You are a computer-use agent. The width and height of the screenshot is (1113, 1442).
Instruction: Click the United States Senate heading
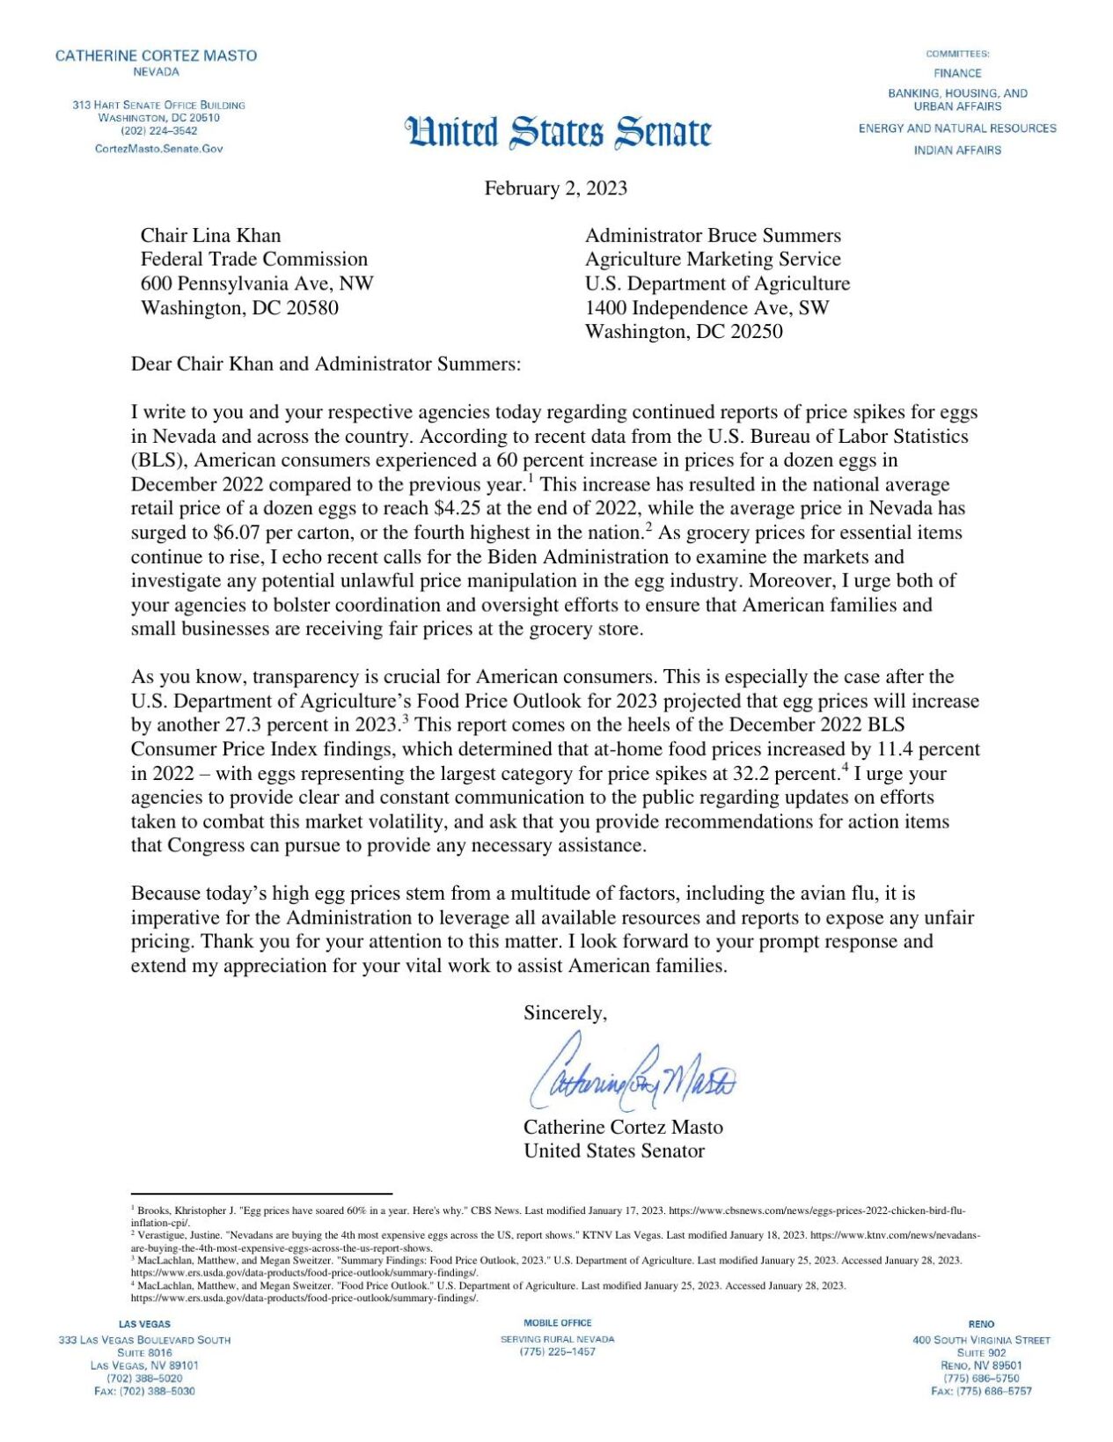click(558, 132)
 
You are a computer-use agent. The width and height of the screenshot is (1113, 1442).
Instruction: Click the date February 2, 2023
click(555, 188)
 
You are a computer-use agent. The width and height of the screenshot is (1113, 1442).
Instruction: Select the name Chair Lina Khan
click(210, 236)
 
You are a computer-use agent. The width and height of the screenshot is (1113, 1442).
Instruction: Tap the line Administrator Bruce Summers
click(713, 236)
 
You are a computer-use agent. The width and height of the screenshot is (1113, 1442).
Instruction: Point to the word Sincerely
click(565, 1013)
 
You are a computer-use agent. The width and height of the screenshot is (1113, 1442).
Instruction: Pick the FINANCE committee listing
click(957, 74)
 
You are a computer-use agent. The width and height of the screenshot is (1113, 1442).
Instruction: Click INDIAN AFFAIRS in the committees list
click(957, 151)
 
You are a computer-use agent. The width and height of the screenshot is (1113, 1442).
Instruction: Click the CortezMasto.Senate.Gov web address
click(159, 149)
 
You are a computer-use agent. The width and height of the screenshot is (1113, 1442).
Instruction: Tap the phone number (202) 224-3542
click(159, 131)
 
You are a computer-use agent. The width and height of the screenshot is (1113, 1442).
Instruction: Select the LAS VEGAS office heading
click(144, 1324)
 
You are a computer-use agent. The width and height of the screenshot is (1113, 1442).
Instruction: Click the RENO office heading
click(981, 1324)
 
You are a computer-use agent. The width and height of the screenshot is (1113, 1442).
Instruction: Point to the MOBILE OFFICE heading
click(558, 1323)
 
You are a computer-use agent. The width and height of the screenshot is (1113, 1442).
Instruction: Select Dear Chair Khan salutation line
click(326, 364)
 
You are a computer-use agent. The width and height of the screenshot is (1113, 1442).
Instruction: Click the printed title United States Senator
click(614, 1151)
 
